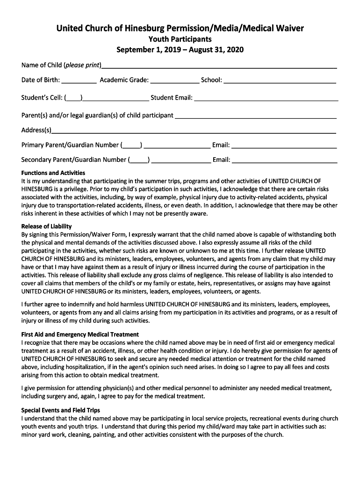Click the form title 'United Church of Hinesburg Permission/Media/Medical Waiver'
180,29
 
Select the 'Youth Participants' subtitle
180,39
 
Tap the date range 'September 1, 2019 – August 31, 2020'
180,50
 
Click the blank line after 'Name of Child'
219,66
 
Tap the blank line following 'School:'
280,81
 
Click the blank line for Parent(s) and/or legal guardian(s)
255,116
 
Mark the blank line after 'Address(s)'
194,131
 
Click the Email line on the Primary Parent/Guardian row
284,146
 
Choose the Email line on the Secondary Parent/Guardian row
284,160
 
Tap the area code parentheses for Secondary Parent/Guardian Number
139,160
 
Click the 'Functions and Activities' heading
53,173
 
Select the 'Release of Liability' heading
46,226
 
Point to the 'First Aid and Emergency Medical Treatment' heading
80,334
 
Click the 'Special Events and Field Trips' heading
61,410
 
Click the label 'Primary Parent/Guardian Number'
70,145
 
